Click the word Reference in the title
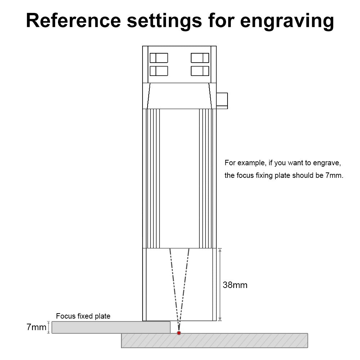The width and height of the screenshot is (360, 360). click(x=73, y=21)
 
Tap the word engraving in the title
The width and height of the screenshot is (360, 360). click(x=287, y=22)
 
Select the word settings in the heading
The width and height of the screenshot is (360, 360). click(x=165, y=21)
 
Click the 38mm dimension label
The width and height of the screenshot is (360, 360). click(x=235, y=285)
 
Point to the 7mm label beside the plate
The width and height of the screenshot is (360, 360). click(x=36, y=327)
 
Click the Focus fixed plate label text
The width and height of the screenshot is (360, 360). click(x=83, y=316)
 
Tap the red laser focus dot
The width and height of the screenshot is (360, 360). click(x=179, y=333)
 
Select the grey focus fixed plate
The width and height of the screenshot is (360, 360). click(x=111, y=327)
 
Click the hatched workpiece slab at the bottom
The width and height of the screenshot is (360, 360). click(x=215, y=341)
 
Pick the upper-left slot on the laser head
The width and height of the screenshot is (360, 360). click(x=159, y=58)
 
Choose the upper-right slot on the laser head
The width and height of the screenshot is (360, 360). click(x=200, y=58)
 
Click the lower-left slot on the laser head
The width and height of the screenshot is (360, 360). click(x=159, y=71)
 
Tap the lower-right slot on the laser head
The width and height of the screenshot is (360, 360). click(x=200, y=71)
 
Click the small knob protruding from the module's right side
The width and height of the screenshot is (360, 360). click(x=222, y=100)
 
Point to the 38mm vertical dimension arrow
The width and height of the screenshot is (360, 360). click(x=220, y=284)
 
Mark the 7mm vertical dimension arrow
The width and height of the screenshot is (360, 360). click(x=49, y=327)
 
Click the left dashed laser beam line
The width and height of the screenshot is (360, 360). click(x=174, y=290)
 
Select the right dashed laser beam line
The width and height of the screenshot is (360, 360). click(x=184, y=290)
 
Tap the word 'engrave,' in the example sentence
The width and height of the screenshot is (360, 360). click(x=327, y=163)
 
